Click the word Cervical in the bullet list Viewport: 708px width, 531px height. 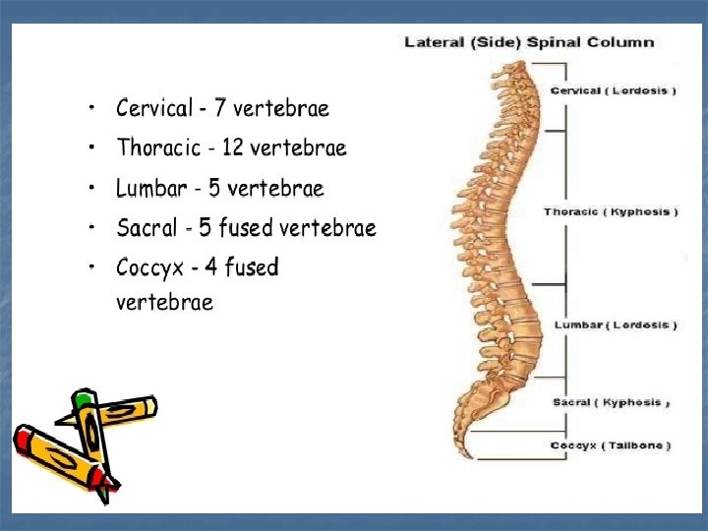(155, 107)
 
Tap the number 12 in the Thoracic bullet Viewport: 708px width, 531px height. (233, 147)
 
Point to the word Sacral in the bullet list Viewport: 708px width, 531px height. (147, 228)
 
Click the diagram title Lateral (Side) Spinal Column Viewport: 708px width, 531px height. (529, 42)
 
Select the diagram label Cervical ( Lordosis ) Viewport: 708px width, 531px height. (613, 90)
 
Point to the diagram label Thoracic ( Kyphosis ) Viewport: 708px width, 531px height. (611, 211)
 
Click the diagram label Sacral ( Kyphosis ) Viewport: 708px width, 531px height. (611, 402)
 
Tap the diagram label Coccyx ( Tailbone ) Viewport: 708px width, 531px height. (611, 445)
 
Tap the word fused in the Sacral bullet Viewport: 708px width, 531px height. (245, 228)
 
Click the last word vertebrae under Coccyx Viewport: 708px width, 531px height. (164, 302)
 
